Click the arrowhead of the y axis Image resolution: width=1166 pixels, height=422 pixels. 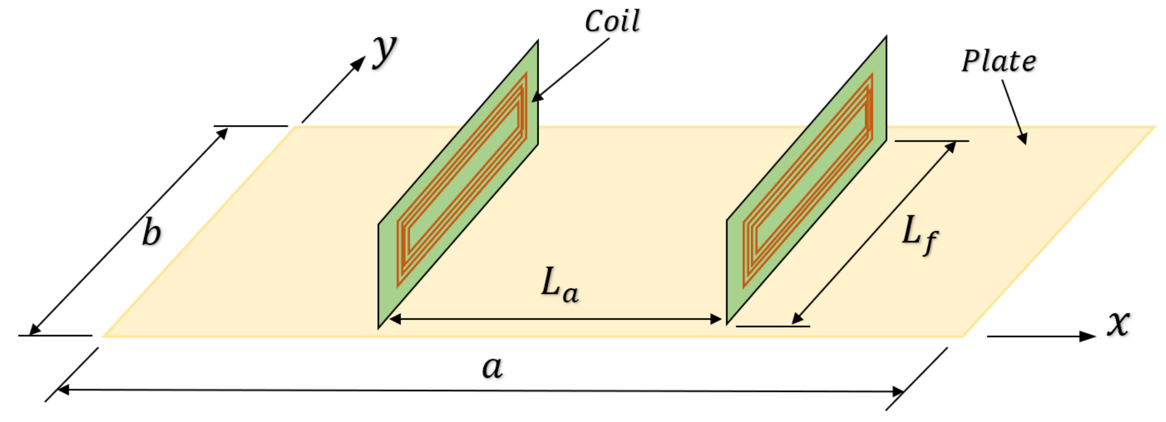tap(359, 62)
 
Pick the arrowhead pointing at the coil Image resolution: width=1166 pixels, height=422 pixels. tap(537, 96)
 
